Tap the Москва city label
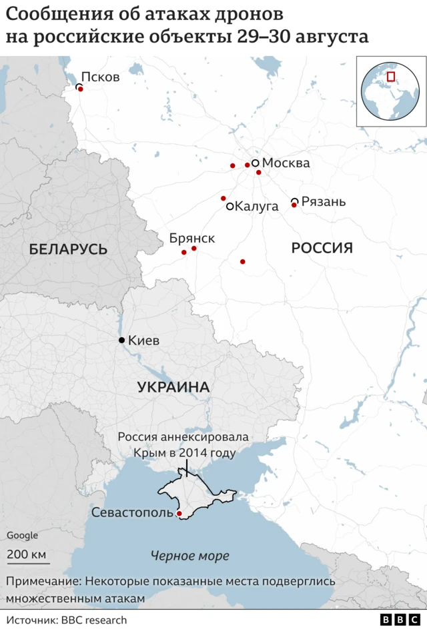point(286,163)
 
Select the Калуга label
point(257,207)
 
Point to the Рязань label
point(324,201)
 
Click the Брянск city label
point(192,238)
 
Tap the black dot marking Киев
point(121,340)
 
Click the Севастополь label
point(131,514)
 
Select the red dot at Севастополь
point(179,514)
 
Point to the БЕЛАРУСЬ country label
point(68,249)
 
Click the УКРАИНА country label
point(173,387)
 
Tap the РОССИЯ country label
point(322,249)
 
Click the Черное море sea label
point(189,556)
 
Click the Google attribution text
point(22,535)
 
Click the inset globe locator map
point(391,91)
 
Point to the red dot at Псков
point(81,89)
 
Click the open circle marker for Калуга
point(230,207)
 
